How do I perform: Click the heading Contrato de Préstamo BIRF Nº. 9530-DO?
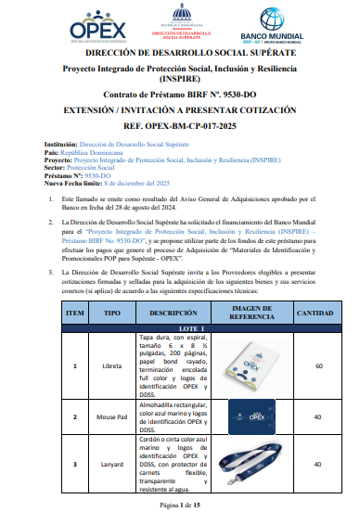pyautogui.click(x=179, y=95)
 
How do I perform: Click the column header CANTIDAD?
pyautogui.click(x=314, y=314)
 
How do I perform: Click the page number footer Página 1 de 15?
pyautogui.click(x=180, y=503)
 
